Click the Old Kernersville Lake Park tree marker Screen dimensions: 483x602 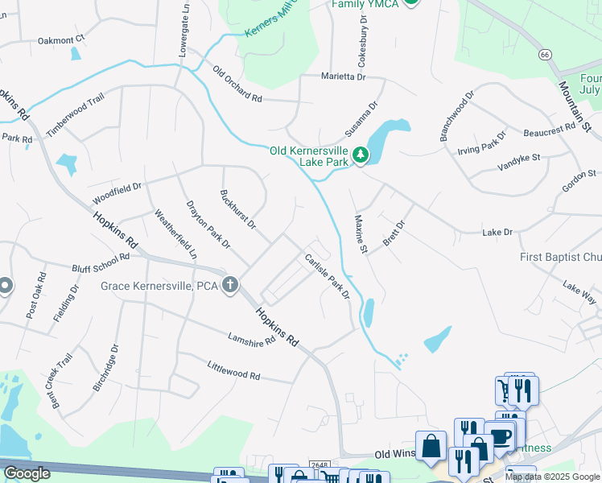point(361,155)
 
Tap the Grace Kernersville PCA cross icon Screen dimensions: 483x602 point(230,284)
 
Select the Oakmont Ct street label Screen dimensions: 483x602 point(61,39)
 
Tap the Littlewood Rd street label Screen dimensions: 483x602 point(233,371)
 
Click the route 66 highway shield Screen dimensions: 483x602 point(545,54)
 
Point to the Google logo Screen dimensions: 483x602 point(27,473)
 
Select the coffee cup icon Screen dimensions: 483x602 point(500,437)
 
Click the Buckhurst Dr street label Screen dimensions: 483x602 point(237,208)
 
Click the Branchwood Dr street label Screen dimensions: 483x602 point(457,117)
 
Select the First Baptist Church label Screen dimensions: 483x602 point(560,258)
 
